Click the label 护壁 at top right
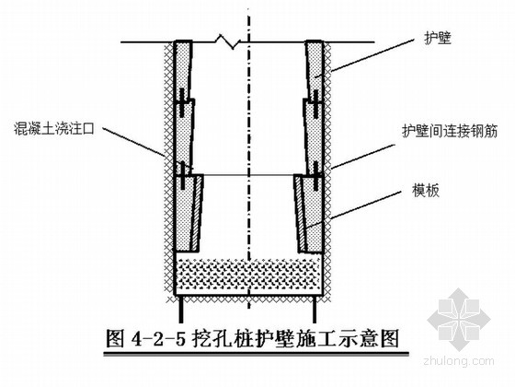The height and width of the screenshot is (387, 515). click(x=438, y=39)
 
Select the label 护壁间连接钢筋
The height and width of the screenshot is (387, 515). click(x=450, y=131)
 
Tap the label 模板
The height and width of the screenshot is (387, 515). click(x=426, y=191)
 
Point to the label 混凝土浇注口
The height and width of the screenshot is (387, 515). click(x=54, y=128)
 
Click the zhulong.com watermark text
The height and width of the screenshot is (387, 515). click(x=459, y=361)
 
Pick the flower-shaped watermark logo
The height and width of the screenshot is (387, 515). click(x=459, y=318)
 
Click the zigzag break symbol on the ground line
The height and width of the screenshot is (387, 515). click(x=228, y=41)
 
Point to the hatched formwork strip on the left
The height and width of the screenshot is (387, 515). click(x=195, y=212)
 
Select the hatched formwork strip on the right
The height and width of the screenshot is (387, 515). click(x=300, y=214)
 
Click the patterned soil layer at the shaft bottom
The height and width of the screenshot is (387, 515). click(x=248, y=274)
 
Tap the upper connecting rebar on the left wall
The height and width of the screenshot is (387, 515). click(x=182, y=102)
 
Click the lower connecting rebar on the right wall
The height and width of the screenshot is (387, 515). click(x=315, y=176)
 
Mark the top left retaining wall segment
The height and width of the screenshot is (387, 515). click(x=182, y=70)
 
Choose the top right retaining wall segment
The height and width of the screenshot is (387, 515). click(x=315, y=70)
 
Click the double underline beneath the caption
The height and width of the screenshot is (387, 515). click(x=257, y=354)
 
